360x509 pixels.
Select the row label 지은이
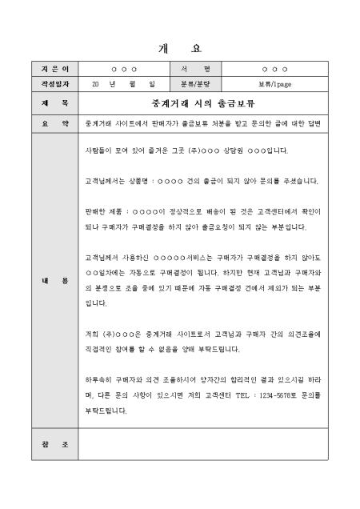click(44, 70)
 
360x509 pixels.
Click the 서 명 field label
click(195, 70)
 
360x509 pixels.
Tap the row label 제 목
click(44, 103)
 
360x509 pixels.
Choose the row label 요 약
click(44, 123)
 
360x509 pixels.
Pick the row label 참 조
click(44, 444)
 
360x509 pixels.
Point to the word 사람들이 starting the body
click(97, 150)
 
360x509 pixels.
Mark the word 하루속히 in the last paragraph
click(98, 378)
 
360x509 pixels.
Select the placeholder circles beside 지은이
click(124, 70)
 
